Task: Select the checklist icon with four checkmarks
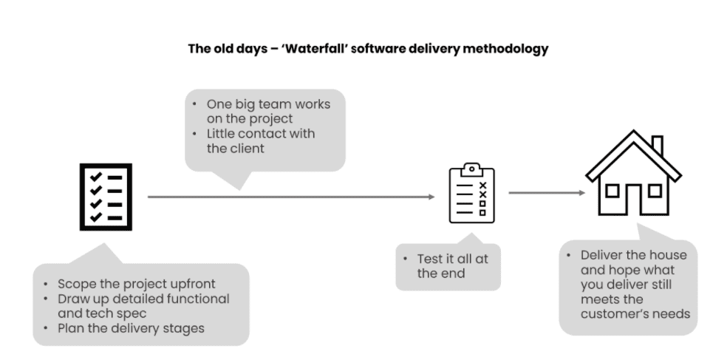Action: point(106,197)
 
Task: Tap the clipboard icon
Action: point(472,193)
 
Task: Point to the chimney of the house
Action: point(657,146)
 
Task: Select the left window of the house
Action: point(612,191)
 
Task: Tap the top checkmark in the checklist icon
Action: point(94,177)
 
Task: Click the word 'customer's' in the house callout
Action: point(618,314)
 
